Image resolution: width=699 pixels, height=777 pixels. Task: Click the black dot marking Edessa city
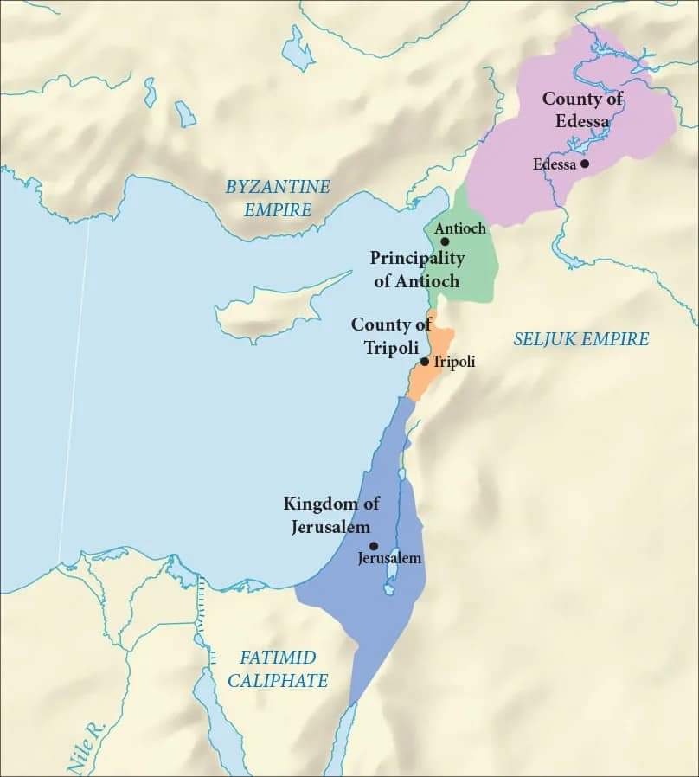[x=585, y=164]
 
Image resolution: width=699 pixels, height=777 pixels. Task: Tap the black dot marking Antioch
[x=445, y=241]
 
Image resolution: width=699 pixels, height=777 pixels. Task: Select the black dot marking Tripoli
[x=424, y=362]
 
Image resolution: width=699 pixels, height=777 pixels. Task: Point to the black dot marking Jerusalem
[x=374, y=546]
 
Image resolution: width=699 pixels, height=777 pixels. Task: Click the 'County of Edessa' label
[x=582, y=110]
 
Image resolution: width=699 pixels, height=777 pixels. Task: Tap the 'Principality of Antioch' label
[x=418, y=269]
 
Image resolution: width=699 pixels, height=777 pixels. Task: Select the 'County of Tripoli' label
[x=391, y=335]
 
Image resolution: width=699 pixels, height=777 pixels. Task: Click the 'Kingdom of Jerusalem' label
[x=331, y=515]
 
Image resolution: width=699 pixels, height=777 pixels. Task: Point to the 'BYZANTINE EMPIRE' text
[x=278, y=197]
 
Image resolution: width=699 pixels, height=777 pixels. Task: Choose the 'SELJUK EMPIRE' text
[x=580, y=339]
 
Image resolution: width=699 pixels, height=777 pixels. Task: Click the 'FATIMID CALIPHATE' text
[x=278, y=669]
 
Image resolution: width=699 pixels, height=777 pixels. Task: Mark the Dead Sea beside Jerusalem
[x=392, y=571]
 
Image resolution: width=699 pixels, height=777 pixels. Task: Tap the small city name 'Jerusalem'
[x=389, y=559]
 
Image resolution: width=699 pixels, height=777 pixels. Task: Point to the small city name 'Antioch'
[x=459, y=228]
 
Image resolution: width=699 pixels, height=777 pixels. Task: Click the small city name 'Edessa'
[x=554, y=164]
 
